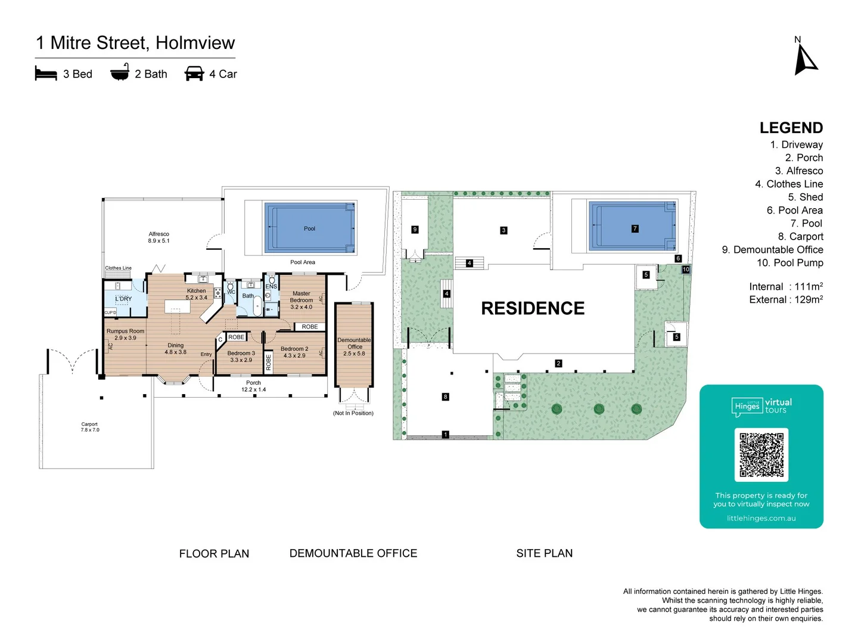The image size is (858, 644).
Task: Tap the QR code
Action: [761, 454]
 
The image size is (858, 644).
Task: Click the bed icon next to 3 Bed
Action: [46, 74]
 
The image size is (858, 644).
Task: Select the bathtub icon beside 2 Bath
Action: [120, 72]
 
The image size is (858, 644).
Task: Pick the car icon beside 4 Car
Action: [194, 73]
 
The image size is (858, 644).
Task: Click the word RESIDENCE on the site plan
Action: [533, 308]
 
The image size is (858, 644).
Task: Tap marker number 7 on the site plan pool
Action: [635, 228]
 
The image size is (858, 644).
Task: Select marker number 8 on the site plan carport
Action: [445, 397]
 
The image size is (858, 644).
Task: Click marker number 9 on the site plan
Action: [415, 229]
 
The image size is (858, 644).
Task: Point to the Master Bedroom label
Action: [301, 296]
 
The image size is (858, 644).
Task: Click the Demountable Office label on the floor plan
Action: [354, 343]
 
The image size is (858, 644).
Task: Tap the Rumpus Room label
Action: [125, 331]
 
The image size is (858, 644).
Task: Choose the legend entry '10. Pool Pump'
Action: [789, 263]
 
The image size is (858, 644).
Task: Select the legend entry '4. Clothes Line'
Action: [789, 184]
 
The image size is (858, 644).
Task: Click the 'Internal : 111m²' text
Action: [785, 287]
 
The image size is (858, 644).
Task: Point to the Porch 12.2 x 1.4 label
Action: [253, 386]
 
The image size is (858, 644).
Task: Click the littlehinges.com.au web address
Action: [761, 518]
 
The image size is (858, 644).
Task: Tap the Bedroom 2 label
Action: [294, 349]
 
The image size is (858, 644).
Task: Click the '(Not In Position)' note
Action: [353, 413]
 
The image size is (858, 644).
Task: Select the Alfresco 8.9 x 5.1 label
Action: [158, 237]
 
